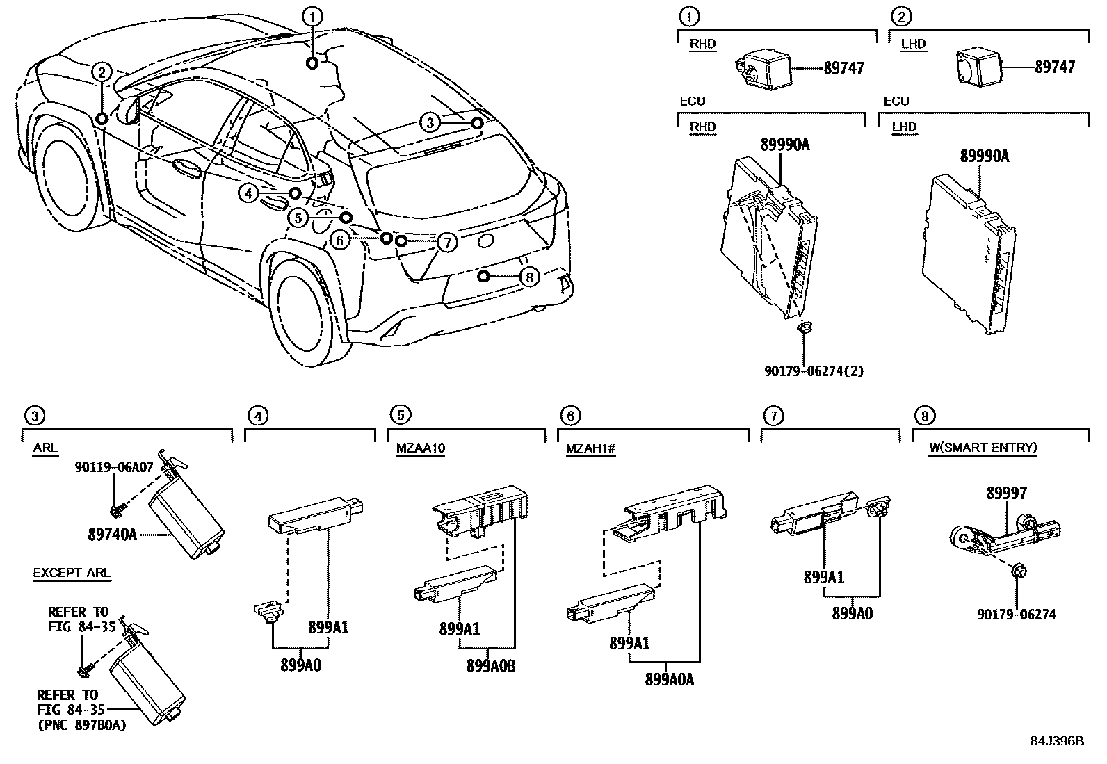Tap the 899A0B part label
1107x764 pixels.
491,665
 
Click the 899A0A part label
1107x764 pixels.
670,679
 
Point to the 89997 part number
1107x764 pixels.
1006,493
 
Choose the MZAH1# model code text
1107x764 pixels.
590,448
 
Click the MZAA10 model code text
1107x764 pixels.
420,448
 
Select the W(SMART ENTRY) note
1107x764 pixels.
983,448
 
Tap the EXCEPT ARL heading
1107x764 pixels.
72,574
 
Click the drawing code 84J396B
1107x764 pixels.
1057,740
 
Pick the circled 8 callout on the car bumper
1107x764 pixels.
529,277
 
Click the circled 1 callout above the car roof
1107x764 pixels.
313,16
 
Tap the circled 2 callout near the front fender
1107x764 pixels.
102,72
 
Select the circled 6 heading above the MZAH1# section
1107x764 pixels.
569,416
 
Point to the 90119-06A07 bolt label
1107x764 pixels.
113,468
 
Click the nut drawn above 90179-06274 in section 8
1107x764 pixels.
1018,571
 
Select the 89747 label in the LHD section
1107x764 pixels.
1054,67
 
